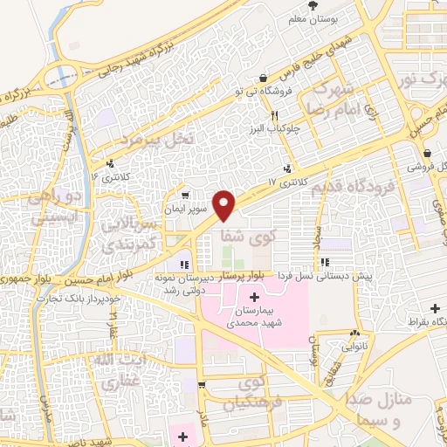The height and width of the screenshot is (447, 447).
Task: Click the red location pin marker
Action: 225,203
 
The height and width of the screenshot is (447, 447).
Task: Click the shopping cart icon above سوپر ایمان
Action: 184,195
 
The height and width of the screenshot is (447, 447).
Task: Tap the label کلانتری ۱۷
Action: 284,182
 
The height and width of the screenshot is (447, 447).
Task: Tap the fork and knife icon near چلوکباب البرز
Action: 274,115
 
